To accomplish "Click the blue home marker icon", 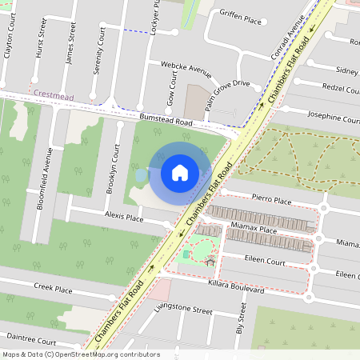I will click(180, 173).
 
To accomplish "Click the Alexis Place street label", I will click(123, 218).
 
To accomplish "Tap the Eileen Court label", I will click(264, 262).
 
